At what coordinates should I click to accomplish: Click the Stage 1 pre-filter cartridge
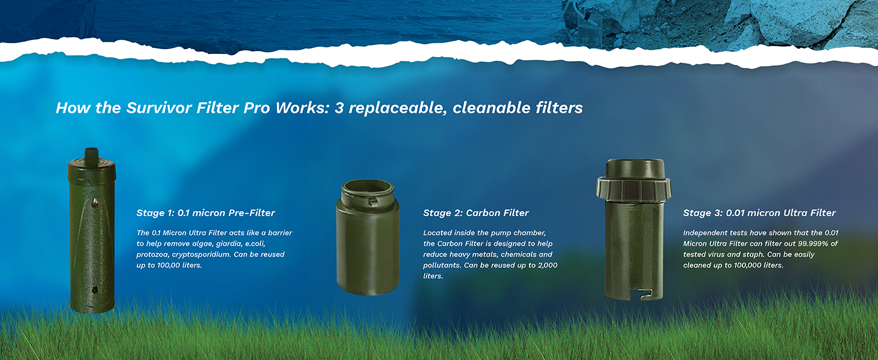pyautogui.click(x=91, y=234)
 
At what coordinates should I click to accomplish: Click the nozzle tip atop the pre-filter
pyautogui.click(x=91, y=152)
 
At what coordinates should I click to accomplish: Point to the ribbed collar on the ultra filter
pyautogui.click(x=633, y=189)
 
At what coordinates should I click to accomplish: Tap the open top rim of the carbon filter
pyautogui.click(x=368, y=188)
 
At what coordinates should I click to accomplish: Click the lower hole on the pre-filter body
pyautogui.click(x=94, y=289)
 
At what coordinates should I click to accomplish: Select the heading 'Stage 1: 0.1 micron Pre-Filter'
pyautogui.click(x=206, y=213)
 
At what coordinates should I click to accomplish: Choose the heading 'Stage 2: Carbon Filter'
pyautogui.click(x=476, y=213)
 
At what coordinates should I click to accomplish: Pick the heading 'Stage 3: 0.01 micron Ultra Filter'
pyautogui.click(x=759, y=213)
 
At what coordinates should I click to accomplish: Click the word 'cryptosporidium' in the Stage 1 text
pyautogui.click(x=197, y=254)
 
